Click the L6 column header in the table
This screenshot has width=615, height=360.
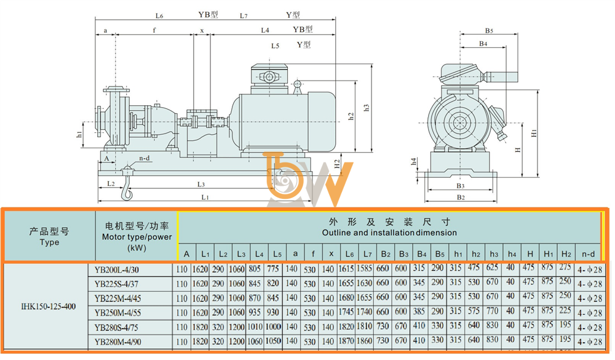pyautogui.click(x=349, y=254)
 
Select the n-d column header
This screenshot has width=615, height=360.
pyautogui.click(x=588, y=254)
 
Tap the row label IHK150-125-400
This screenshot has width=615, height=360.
pyautogui.click(x=48, y=306)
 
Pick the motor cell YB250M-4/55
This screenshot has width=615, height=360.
pyautogui.click(x=117, y=313)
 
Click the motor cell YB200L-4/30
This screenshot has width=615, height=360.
pyautogui.click(x=116, y=270)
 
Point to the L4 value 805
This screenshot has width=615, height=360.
pyautogui.click(x=255, y=269)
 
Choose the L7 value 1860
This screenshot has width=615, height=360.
pyautogui.click(x=364, y=341)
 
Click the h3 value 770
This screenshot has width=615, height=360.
pyautogui.click(x=492, y=311)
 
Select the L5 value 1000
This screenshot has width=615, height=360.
pyautogui.click(x=273, y=327)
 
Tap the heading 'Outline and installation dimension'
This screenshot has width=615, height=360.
pyautogui.click(x=389, y=233)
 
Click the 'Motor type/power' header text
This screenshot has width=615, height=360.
pyautogui.click(x=137, y=237)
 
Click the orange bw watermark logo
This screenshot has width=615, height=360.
pyautogui.click(x=308, y=178)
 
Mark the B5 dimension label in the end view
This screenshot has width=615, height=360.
pyautogui.click(x=489, y=30)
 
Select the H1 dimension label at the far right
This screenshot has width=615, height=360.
pyautogui.click(x=534, y=133)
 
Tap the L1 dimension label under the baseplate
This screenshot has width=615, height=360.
pyautogui.click(x=205, y=197)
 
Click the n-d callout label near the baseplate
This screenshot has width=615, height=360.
pyautogui.click(x=145, y=158)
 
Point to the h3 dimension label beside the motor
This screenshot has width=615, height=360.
pyautogui.click(x=366, y=108)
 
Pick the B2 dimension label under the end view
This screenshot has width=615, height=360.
pyautogui.click(x=461, y=197)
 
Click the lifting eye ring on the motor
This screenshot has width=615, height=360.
pyautogui.click(x=297, y=84)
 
